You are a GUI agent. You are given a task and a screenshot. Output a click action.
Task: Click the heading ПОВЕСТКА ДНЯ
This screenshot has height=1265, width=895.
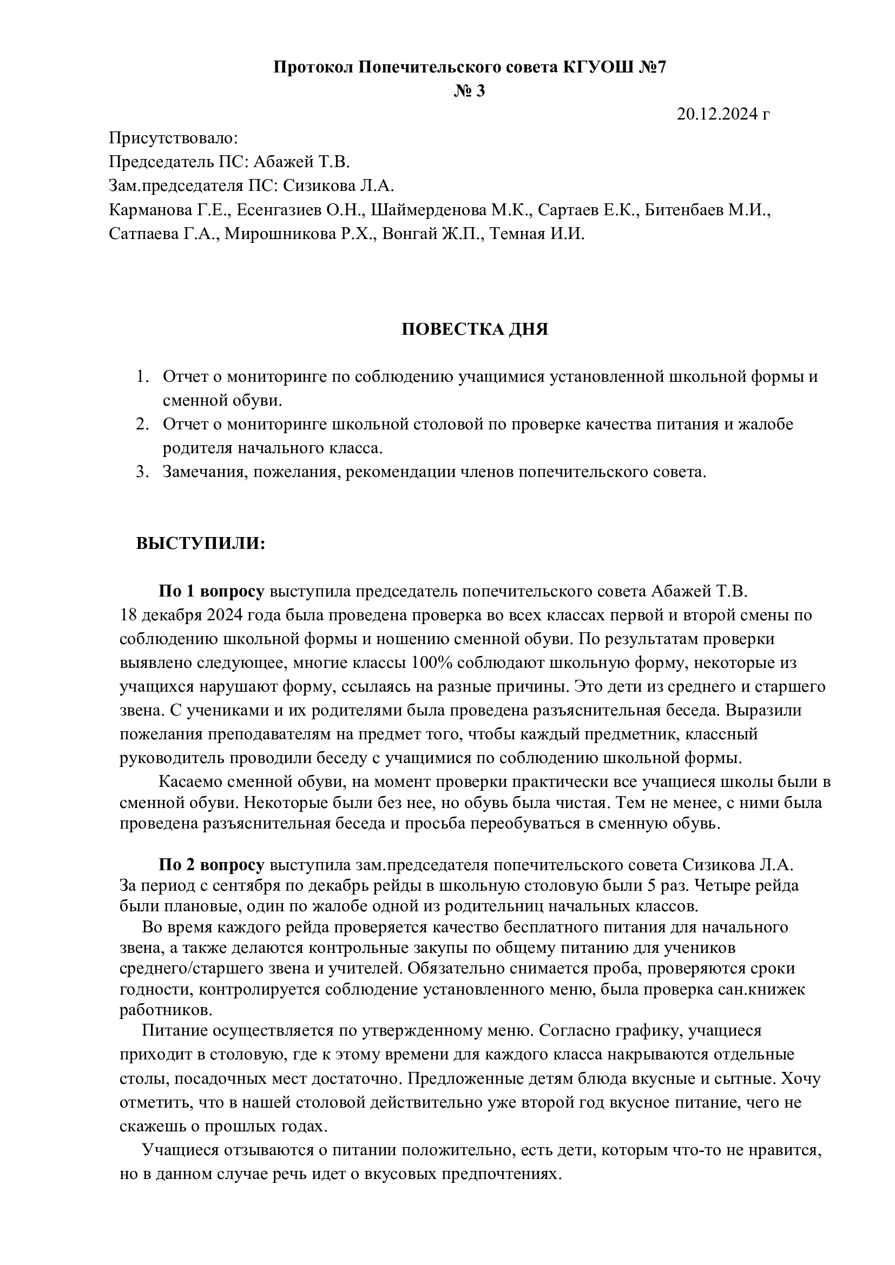tap(475, 329)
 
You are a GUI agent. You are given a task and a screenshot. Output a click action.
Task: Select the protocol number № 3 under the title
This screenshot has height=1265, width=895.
tap(470, 90)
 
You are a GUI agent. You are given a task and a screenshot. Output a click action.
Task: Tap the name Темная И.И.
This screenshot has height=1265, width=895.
tap(537, 234)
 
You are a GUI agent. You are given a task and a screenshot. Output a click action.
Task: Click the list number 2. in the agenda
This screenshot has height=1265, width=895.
tap(143, 424)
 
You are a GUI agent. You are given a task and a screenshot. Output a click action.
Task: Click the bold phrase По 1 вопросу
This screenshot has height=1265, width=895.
tap(212, 592)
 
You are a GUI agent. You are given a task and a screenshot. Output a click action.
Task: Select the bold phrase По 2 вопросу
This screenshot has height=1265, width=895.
tap(212, 864)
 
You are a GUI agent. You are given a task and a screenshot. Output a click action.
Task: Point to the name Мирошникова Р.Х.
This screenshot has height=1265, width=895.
tap(301, 234)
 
